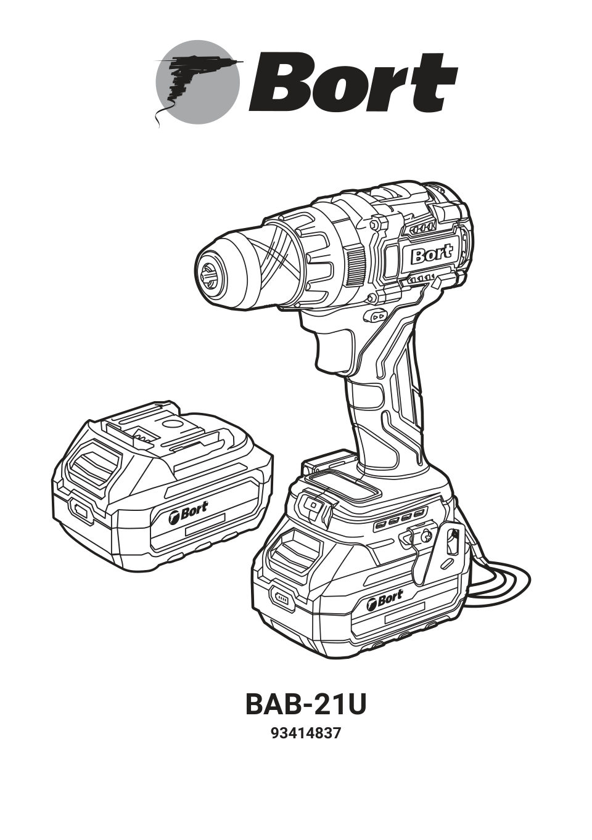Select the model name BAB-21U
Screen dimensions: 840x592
305,704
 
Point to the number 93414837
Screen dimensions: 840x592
305,734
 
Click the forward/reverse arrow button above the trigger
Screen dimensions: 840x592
378,316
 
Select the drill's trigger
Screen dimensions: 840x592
335,349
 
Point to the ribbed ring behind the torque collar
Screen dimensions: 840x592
356,266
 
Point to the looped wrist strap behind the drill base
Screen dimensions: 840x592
499,576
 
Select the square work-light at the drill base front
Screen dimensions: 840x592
313,505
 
